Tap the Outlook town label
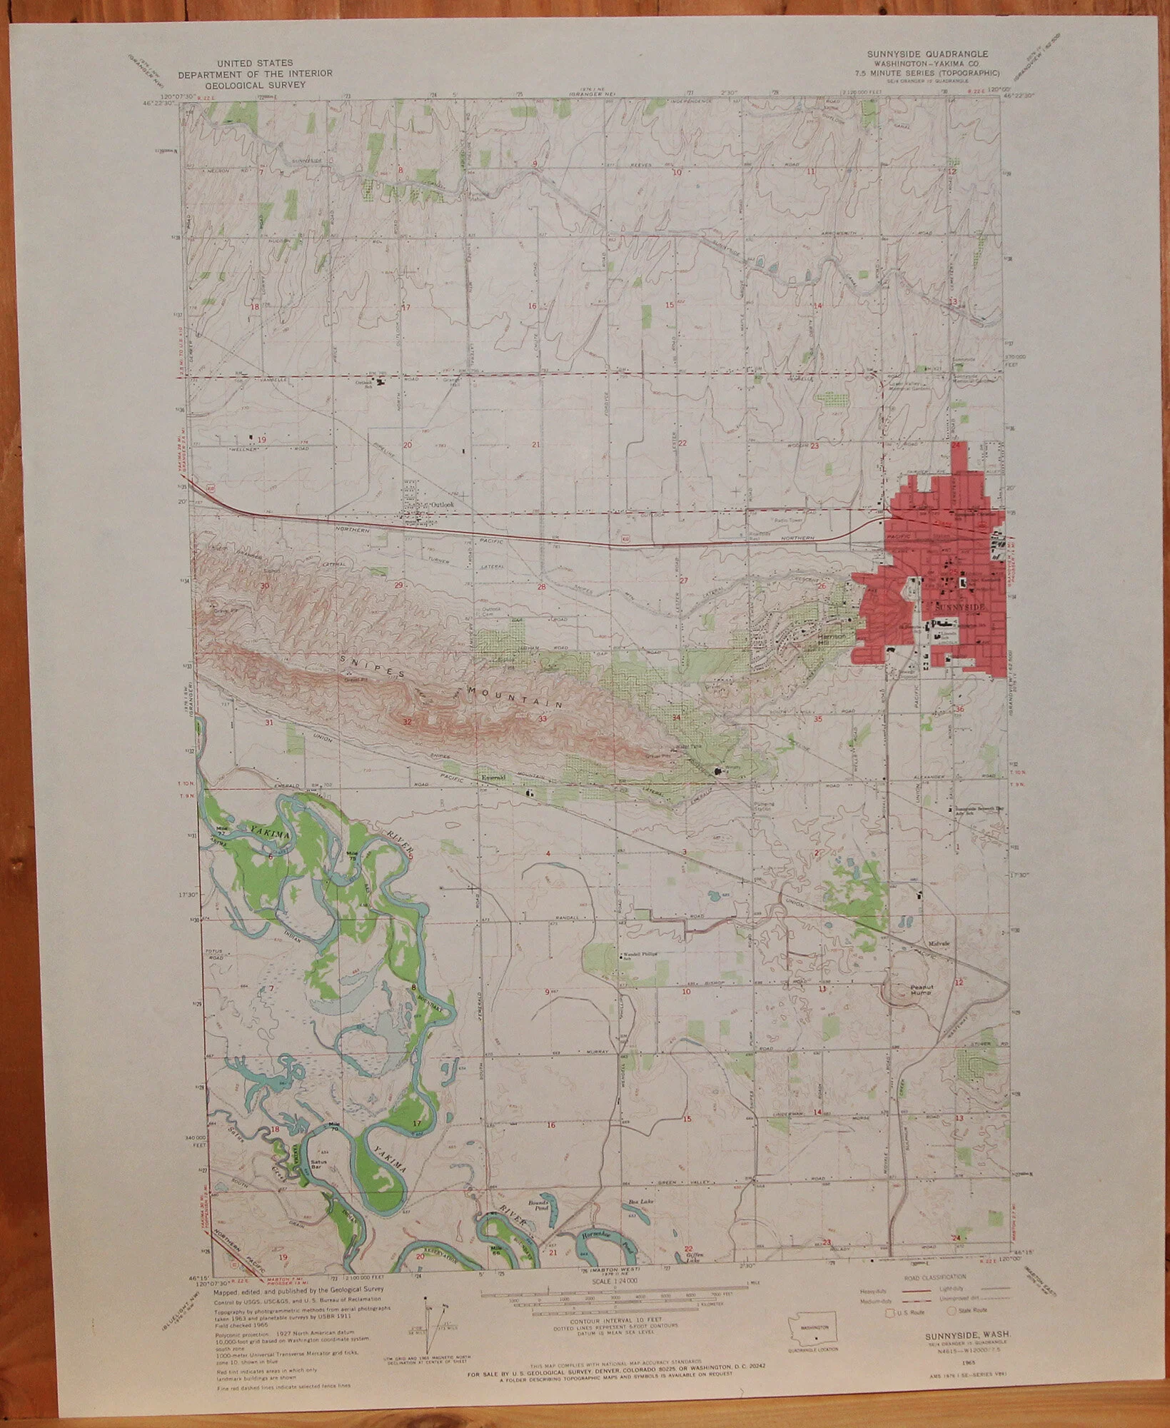[x=442, y=504]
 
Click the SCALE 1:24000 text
[x=615, y=1279]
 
